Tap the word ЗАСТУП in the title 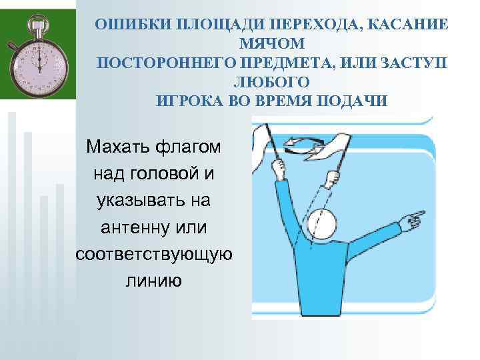tap(413, 63)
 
